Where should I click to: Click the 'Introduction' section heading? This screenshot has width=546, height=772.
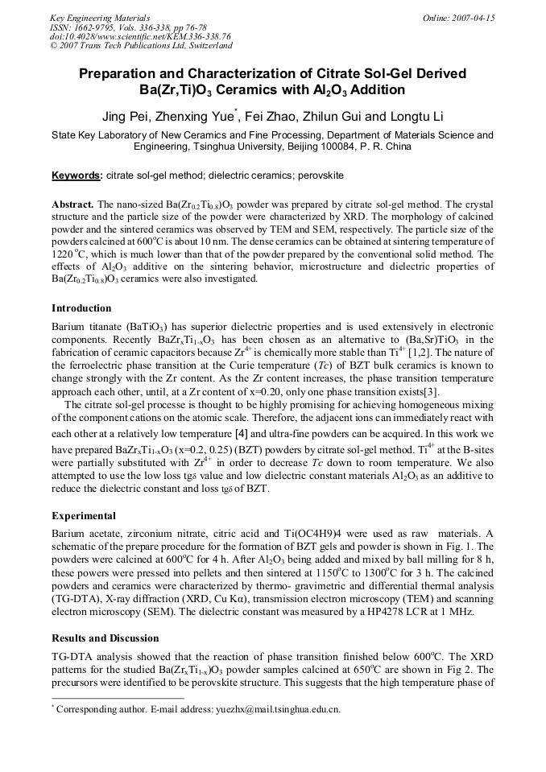(81, 308)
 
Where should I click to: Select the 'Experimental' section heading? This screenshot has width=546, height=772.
(84, 516)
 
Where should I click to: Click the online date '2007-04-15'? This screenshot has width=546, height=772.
(474, 18)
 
